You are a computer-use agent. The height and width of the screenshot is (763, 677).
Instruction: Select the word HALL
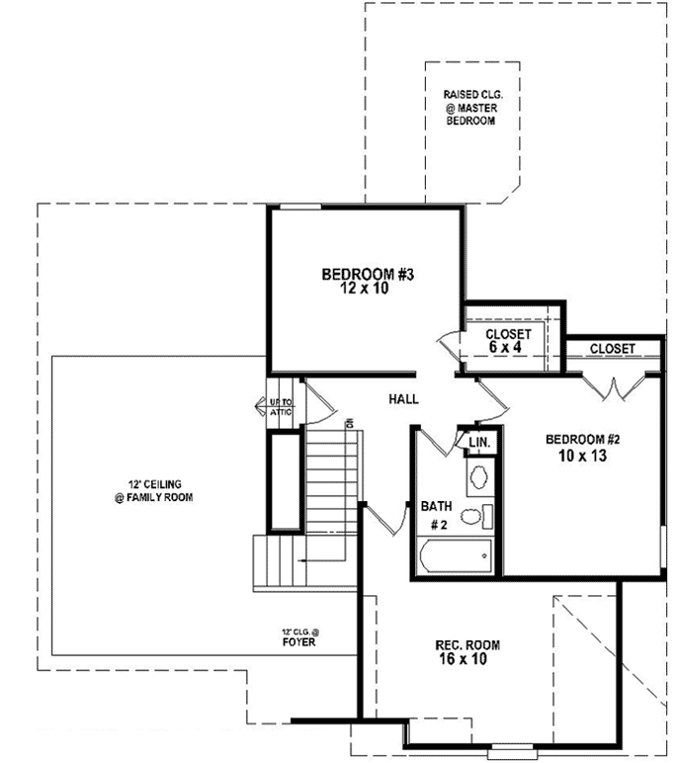(403, 399)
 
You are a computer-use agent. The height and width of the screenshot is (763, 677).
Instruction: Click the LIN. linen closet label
(479, 442)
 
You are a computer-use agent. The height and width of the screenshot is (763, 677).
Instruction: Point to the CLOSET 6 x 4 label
(508, 341)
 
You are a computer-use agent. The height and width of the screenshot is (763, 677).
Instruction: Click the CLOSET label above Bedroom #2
(612, 349)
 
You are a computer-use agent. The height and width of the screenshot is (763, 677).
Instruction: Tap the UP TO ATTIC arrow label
(280, 407)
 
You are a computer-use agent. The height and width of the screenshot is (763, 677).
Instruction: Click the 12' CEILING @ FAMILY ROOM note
(152, 491)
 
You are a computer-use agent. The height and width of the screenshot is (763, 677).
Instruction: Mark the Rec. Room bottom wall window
(514, 745)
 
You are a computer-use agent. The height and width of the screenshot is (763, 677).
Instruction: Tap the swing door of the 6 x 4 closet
(451, 346)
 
